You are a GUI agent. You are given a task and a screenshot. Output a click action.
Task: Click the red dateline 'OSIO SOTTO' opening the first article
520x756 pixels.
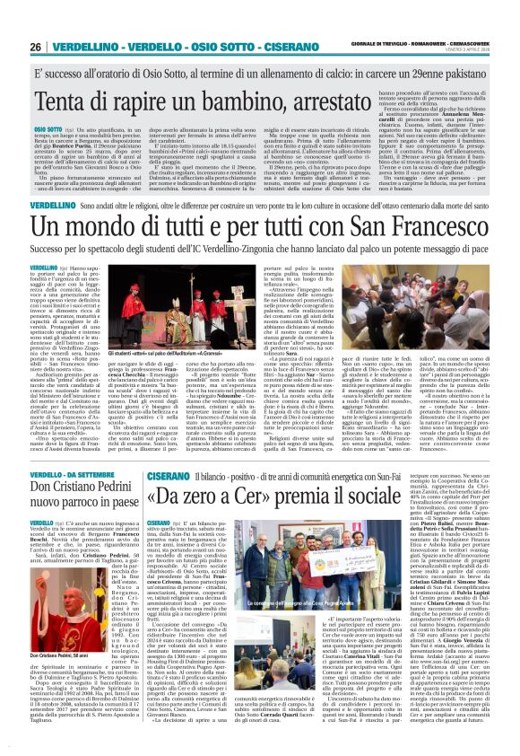click(x=46, y=128)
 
